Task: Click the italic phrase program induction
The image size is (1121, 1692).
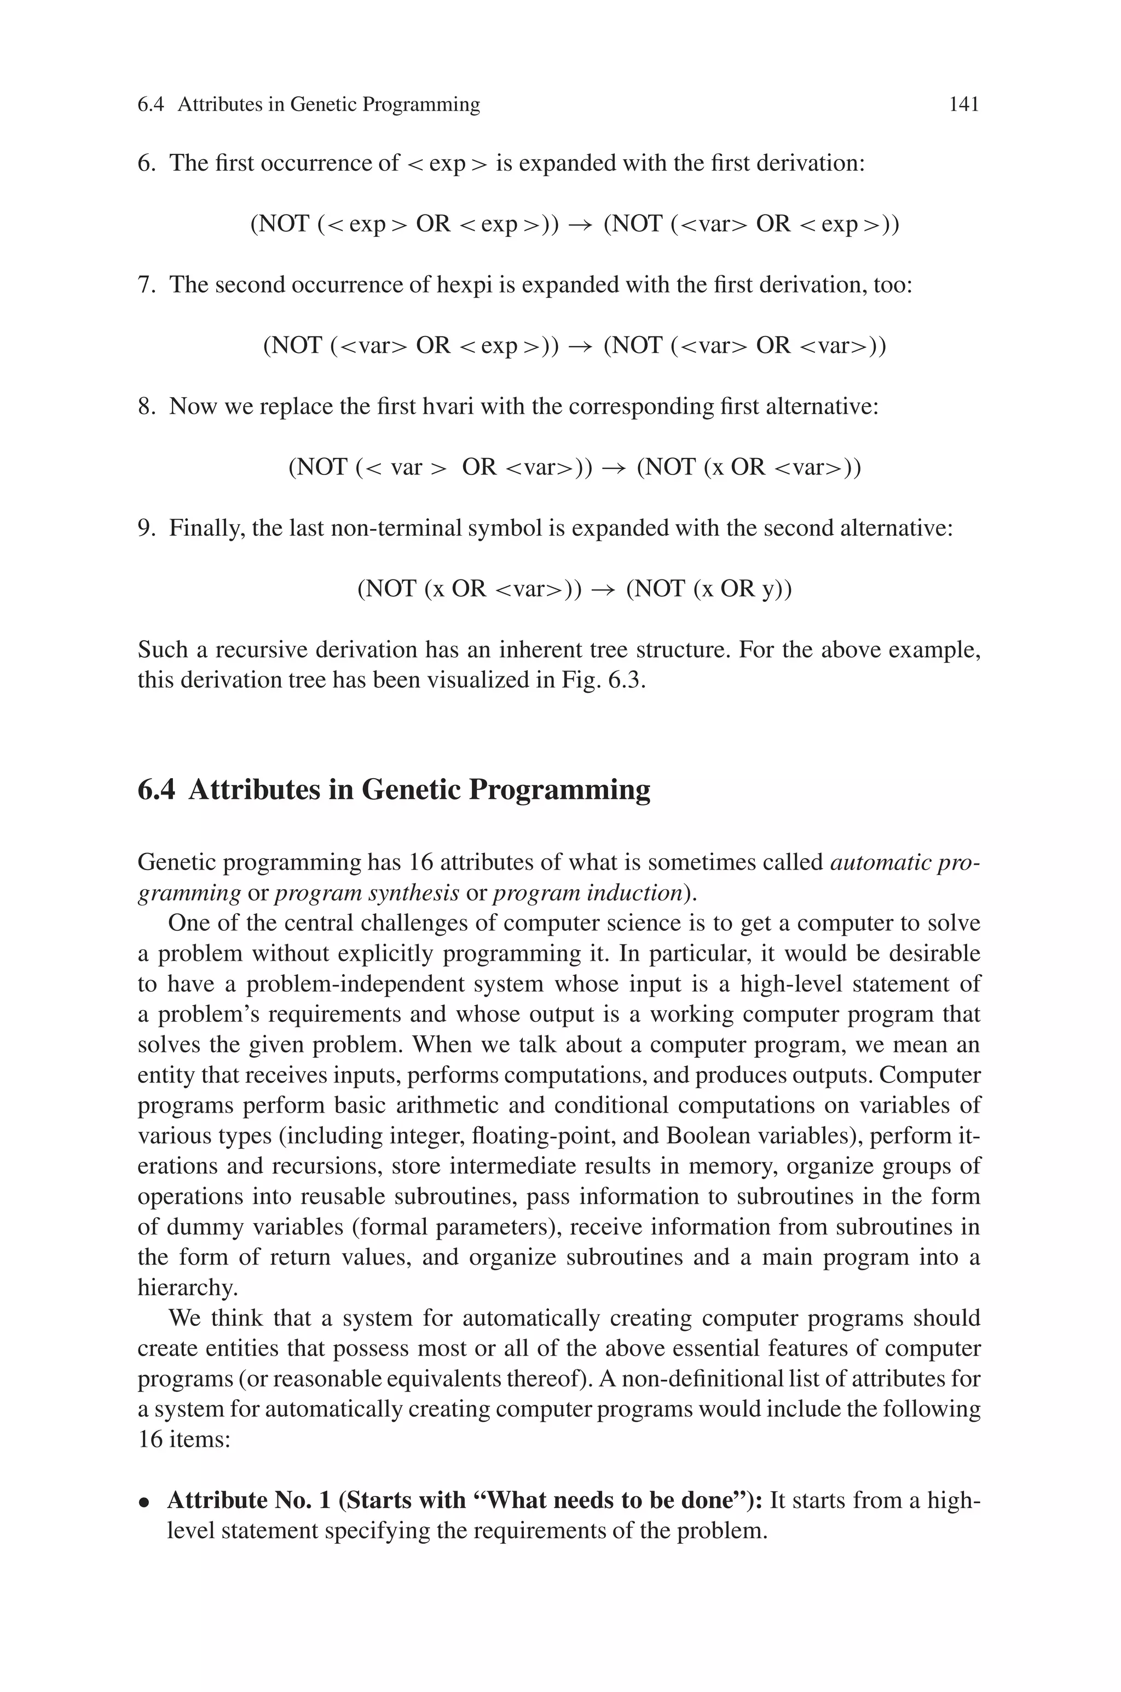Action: click(x=587, y=893)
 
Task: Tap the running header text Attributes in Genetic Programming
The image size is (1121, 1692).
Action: click(x=328, y=105)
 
